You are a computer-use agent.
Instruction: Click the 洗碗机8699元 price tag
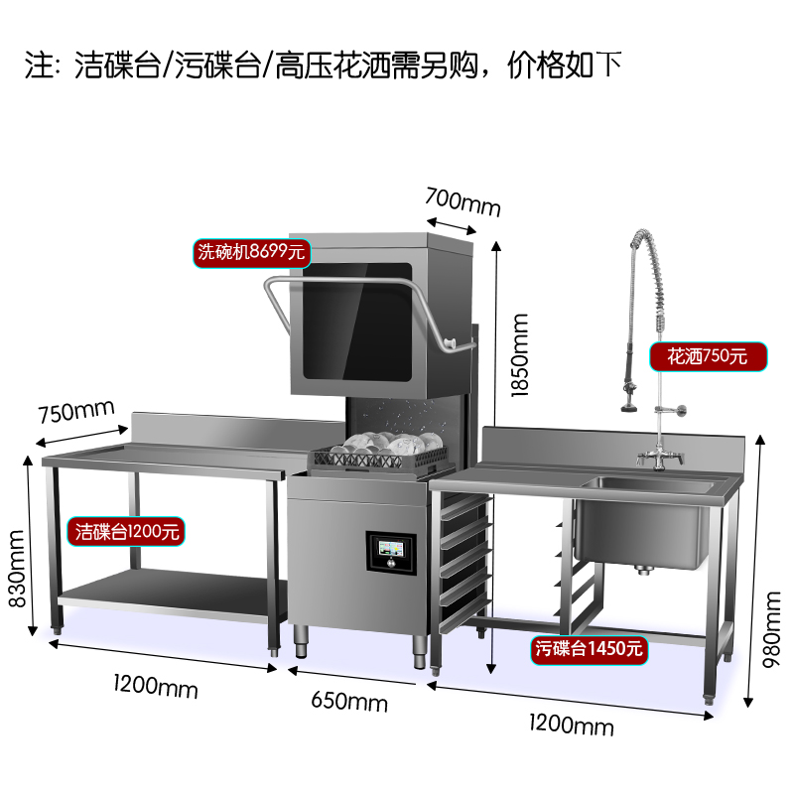click(252, 253)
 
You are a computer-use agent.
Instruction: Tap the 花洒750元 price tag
click(708, 356)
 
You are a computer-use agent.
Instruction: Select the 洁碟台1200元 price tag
click(126, 532)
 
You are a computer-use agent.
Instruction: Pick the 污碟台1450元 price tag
click(589, 650)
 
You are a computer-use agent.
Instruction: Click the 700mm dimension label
click(463, 202)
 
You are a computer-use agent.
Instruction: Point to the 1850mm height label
click(519, 355)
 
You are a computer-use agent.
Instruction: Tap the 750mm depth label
click(76, 411)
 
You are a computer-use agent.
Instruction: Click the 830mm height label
click(17, 568)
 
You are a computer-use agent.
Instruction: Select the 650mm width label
click(349, 702)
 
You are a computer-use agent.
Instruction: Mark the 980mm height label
click(772, 629)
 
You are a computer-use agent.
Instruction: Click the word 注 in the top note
click(39, 65)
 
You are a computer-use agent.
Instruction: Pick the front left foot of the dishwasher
click(302, 641)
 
